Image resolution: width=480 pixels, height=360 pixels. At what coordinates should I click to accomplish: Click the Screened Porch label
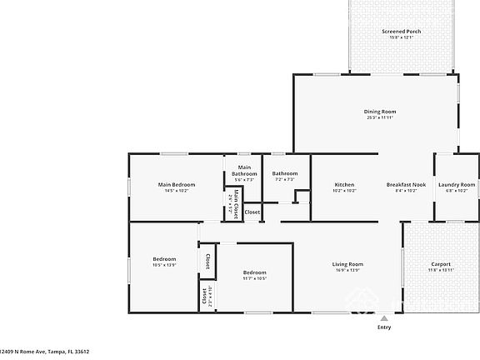pos(402,32)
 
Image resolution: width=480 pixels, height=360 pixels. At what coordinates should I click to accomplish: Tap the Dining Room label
pos(379,112)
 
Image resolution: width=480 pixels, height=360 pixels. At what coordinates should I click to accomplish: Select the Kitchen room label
pos(345,184)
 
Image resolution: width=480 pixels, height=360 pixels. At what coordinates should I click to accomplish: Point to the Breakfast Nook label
pos(406,184)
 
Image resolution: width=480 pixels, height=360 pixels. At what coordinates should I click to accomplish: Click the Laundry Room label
pos(457,184)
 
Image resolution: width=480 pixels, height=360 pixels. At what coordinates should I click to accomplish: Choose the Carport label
pos(441,264)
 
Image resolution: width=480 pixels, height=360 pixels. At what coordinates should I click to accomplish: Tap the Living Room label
pos(349,264)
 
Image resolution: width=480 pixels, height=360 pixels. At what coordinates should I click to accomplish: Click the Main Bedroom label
pos(177,184)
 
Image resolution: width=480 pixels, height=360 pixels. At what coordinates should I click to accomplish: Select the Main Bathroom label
pos(244,171)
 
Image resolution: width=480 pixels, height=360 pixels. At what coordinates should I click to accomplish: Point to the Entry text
pos(383,327)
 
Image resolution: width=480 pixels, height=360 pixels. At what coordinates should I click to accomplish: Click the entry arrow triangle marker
pos(383,317)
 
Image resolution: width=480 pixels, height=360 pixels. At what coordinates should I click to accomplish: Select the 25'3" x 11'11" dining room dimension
pos(379,118)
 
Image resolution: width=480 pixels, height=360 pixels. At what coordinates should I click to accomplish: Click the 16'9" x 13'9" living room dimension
pos(349,271)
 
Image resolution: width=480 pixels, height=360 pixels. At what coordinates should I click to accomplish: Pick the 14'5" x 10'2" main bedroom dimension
pos(177,191)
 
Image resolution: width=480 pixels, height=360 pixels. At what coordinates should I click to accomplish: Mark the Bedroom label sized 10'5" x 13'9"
pos(164,259)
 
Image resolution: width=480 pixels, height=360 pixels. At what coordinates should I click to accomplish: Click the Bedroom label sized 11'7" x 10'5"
pos(254,272)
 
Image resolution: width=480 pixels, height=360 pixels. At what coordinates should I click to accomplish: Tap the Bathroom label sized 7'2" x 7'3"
pos(285,173)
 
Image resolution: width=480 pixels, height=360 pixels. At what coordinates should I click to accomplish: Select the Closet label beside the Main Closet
pos(252,212)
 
